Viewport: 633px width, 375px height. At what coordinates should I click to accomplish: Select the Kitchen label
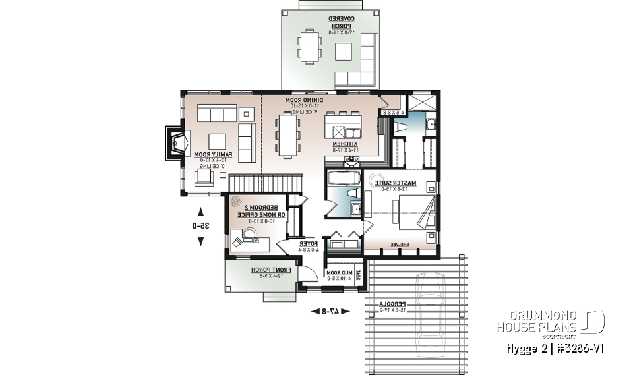[345, 144]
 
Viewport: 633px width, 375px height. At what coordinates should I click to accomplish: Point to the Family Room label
[210, 154]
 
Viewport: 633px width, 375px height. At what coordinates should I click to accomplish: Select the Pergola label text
[394, 304]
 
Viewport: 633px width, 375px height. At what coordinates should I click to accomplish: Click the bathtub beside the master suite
[343, 178]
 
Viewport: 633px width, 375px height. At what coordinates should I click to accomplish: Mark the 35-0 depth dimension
[201, 226]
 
